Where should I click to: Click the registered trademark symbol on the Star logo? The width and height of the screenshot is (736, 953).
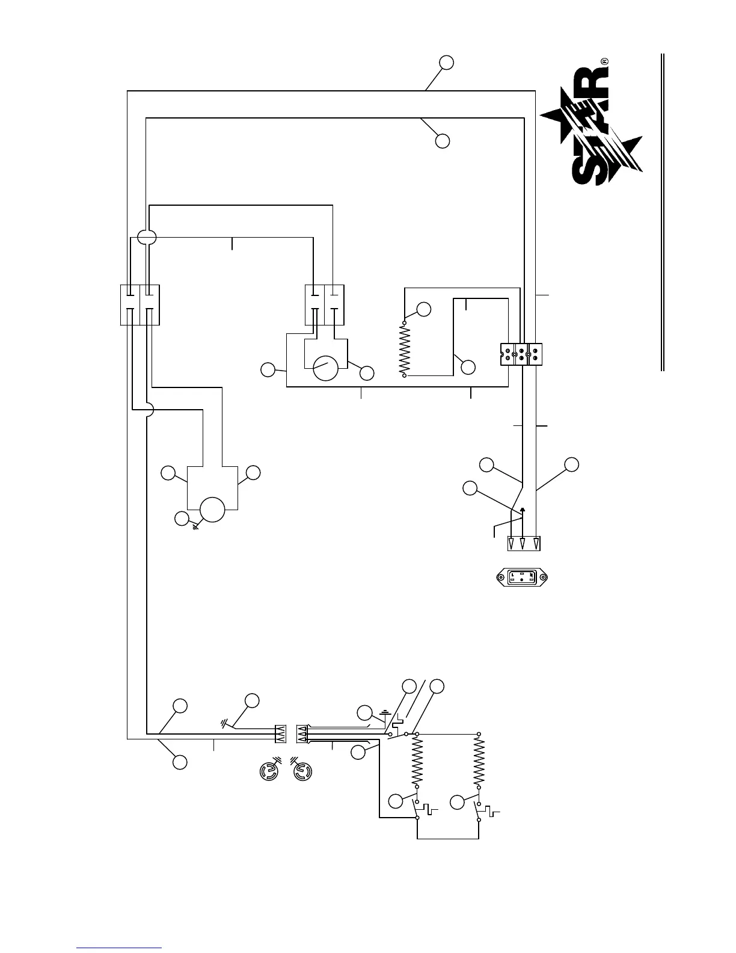tap(605, 61)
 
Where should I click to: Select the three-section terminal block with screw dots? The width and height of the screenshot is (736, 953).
tap(521, 354)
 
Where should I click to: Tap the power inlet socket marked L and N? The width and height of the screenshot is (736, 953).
tap(521, 578)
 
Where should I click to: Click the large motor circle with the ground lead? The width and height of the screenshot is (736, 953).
tap(212, 510)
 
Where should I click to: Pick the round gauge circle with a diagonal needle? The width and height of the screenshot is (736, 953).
tap(326, 368)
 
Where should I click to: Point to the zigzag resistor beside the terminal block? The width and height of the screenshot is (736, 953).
tap(405, 349)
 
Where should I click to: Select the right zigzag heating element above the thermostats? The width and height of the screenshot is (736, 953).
tap(479, 760)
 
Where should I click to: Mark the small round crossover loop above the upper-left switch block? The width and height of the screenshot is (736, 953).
tap(146, 237)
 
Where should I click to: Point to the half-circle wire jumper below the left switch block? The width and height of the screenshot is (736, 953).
tap(150, 410)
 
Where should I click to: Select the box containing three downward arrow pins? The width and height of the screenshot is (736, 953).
tap(523, 544)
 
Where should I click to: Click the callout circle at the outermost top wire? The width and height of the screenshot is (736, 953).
tap(446, 63)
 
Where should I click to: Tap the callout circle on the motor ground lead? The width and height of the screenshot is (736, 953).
tap(181, 518)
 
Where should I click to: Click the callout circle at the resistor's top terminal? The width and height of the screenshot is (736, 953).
tap(424, 309)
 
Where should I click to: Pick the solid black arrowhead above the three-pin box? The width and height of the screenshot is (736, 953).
tap(523, 510)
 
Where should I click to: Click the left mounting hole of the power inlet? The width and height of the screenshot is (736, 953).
tap(500, 578)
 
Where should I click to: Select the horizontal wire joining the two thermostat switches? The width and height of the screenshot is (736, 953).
tap(448, 838)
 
